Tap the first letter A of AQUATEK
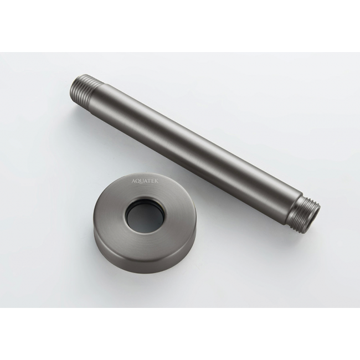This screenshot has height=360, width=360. pos(133,181)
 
